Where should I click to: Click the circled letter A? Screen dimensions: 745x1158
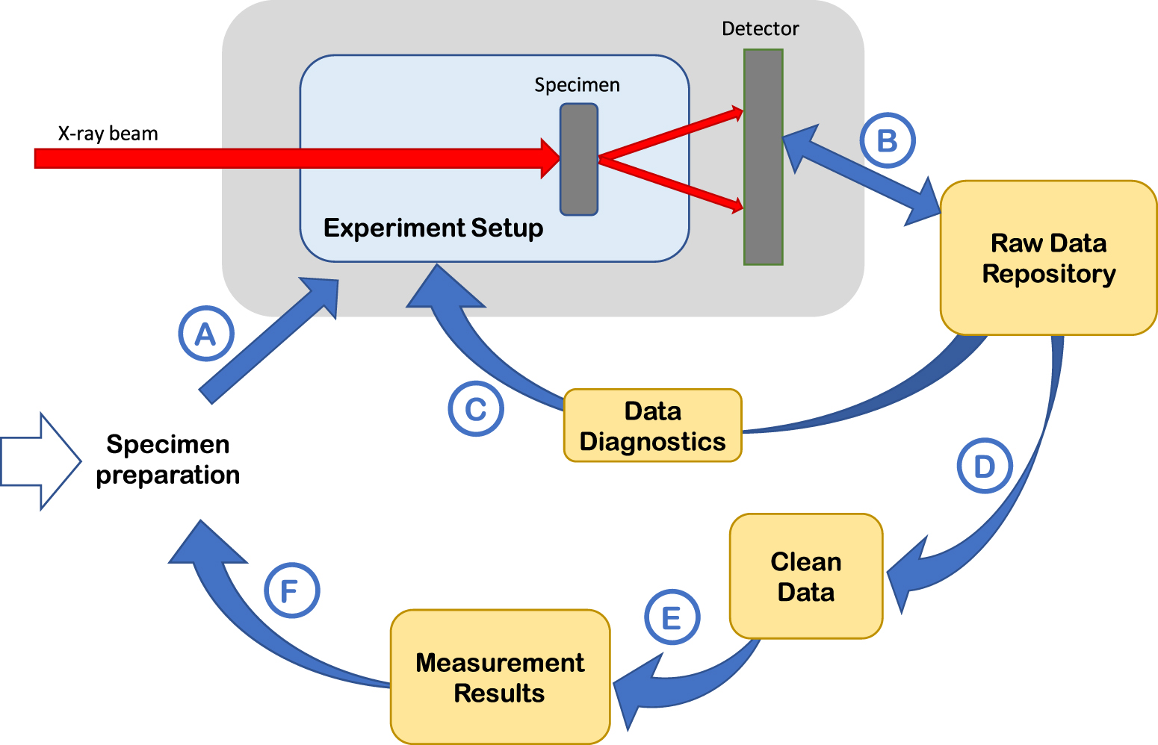point(206,334)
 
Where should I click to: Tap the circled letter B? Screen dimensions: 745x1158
point(887,140)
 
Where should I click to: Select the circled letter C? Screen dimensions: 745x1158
point(476,409)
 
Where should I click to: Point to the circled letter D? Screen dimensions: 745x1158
point(985,466)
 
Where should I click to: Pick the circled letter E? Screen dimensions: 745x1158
point(672,617)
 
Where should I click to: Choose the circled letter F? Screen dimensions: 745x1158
point(292,590)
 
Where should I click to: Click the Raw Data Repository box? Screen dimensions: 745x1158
point(1048,258)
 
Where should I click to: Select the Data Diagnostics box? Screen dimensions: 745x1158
point(652,426)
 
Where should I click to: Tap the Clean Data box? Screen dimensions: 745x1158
point(806,576)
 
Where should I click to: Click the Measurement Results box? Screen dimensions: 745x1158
point(500,677)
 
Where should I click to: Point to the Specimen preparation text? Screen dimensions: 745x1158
point(168,459)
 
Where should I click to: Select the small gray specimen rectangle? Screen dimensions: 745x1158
point(579,160)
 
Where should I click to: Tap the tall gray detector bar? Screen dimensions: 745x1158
point(763,157)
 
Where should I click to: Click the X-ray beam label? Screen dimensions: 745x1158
point(108,134)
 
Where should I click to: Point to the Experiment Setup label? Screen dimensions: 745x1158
point(433,228)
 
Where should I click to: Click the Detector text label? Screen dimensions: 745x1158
point(760,29)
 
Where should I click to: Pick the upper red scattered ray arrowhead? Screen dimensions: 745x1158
point(737,113)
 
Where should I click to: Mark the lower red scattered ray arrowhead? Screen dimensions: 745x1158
point(737,205)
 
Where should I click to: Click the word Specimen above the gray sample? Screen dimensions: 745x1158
point(577,85)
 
